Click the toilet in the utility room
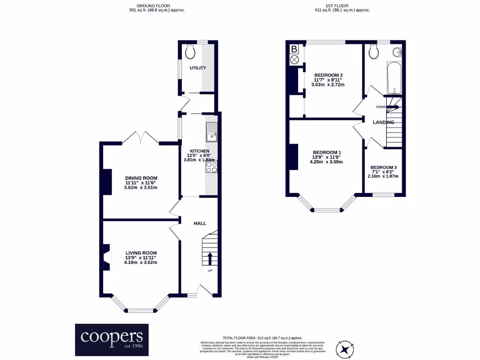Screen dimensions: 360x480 (190, 52)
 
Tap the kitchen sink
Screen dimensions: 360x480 (211, 132)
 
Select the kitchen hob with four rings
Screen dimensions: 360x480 (211, 166)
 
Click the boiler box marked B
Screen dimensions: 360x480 (294, 49)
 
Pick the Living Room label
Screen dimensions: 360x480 (141, 253)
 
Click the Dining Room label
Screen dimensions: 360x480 (141, 178)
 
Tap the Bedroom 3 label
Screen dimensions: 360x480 (383, 167)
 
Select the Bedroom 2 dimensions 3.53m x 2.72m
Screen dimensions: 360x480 (328, 85)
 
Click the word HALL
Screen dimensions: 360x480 (200, 224)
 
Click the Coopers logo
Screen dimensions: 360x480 (112, 339)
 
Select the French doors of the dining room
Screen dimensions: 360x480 (141, 138)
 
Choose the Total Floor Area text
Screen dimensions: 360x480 (262, 338)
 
